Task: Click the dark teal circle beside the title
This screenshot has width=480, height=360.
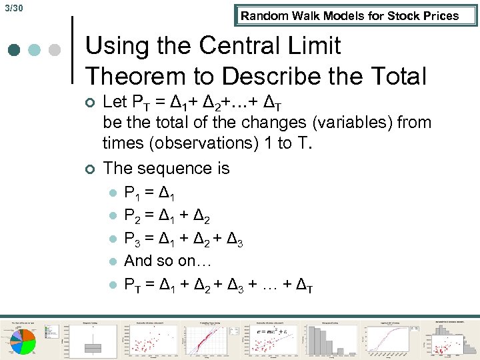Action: point(13,51)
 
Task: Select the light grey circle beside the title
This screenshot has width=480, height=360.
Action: point(55,51)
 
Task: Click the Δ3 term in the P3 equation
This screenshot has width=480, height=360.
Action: point(234,241)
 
